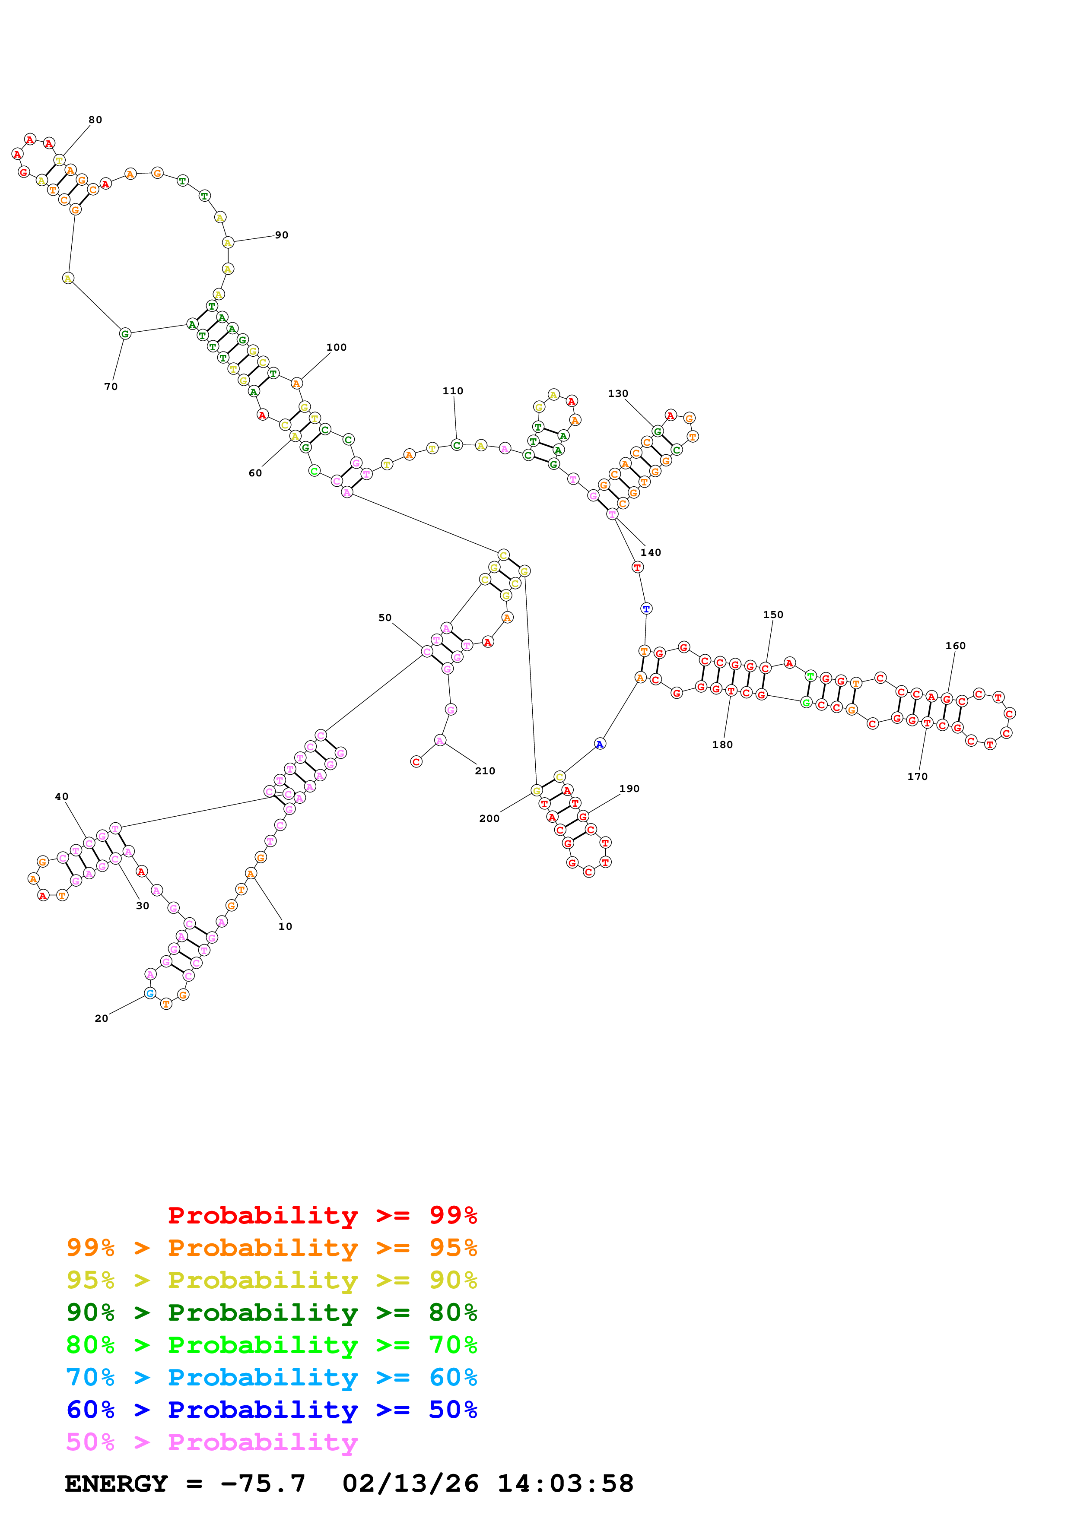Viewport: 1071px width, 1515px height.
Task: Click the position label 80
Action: point(95,120)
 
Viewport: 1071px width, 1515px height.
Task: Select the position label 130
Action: point(618,393)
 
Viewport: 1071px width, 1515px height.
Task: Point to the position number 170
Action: point(917,777)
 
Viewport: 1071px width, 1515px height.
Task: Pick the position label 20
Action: point(101,1018)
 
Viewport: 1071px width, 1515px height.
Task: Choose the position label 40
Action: point(61,796)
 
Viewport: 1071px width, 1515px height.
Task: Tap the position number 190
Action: point(629,789)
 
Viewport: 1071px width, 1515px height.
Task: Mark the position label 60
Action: point(255,473)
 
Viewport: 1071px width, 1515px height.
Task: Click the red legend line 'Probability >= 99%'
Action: point(322,1215)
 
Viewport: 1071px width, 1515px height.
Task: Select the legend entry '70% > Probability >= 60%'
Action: point(271,1377)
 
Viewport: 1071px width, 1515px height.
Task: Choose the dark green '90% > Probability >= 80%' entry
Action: point(271,1312)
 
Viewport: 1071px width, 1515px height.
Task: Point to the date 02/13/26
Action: point(410,1483)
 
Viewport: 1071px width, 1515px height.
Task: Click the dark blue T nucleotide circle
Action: point(646,609)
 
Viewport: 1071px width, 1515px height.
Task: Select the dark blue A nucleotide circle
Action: point(599,744)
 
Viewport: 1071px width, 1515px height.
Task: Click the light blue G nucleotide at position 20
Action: point(150,993)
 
